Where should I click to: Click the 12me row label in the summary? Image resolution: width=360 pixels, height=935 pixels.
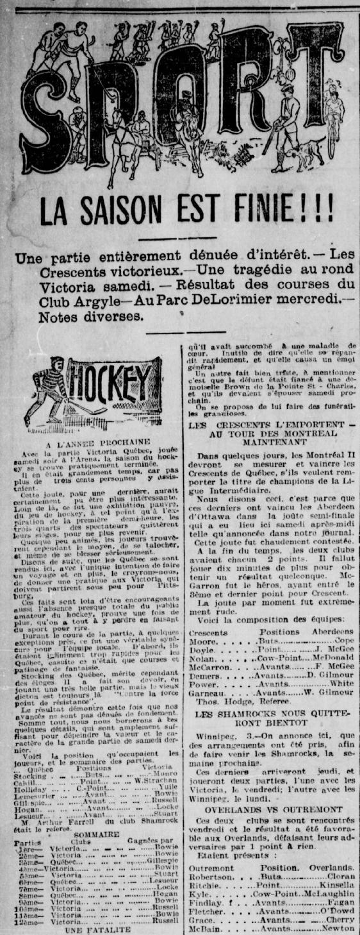coord(31,921)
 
